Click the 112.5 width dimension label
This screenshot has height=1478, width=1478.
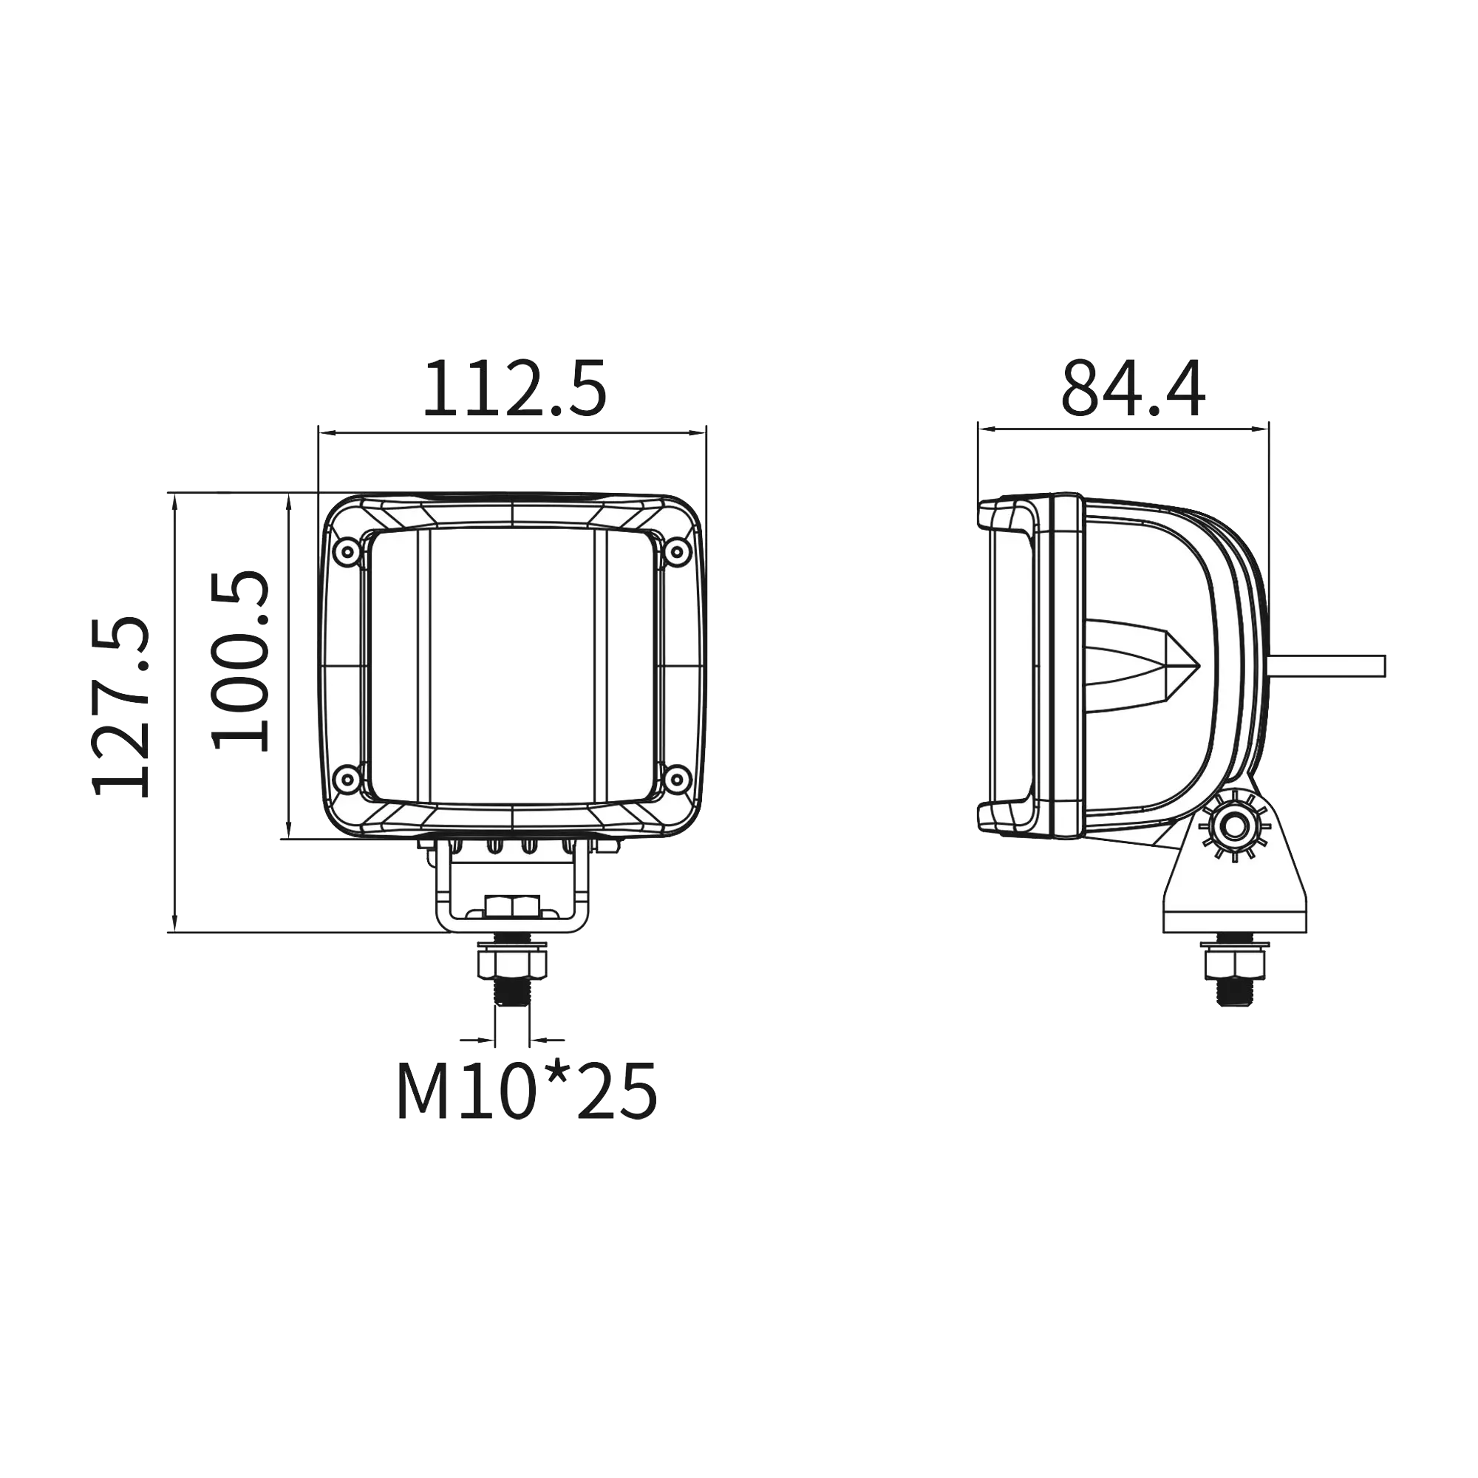[x=515, y=389]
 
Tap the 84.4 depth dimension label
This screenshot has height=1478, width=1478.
[x=1132, y=389]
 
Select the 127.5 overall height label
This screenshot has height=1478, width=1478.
[x=122, y=706]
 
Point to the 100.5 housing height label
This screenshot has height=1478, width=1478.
[x=241, y=659]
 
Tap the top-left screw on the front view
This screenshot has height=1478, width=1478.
[x=348, y=551]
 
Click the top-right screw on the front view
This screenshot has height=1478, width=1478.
[x=675, y=551]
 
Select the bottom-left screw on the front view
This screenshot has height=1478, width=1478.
[x=348, y=780]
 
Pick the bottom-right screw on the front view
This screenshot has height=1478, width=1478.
[x=675, y=780]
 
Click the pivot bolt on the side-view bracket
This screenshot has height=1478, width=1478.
[x=1233, y=827]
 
